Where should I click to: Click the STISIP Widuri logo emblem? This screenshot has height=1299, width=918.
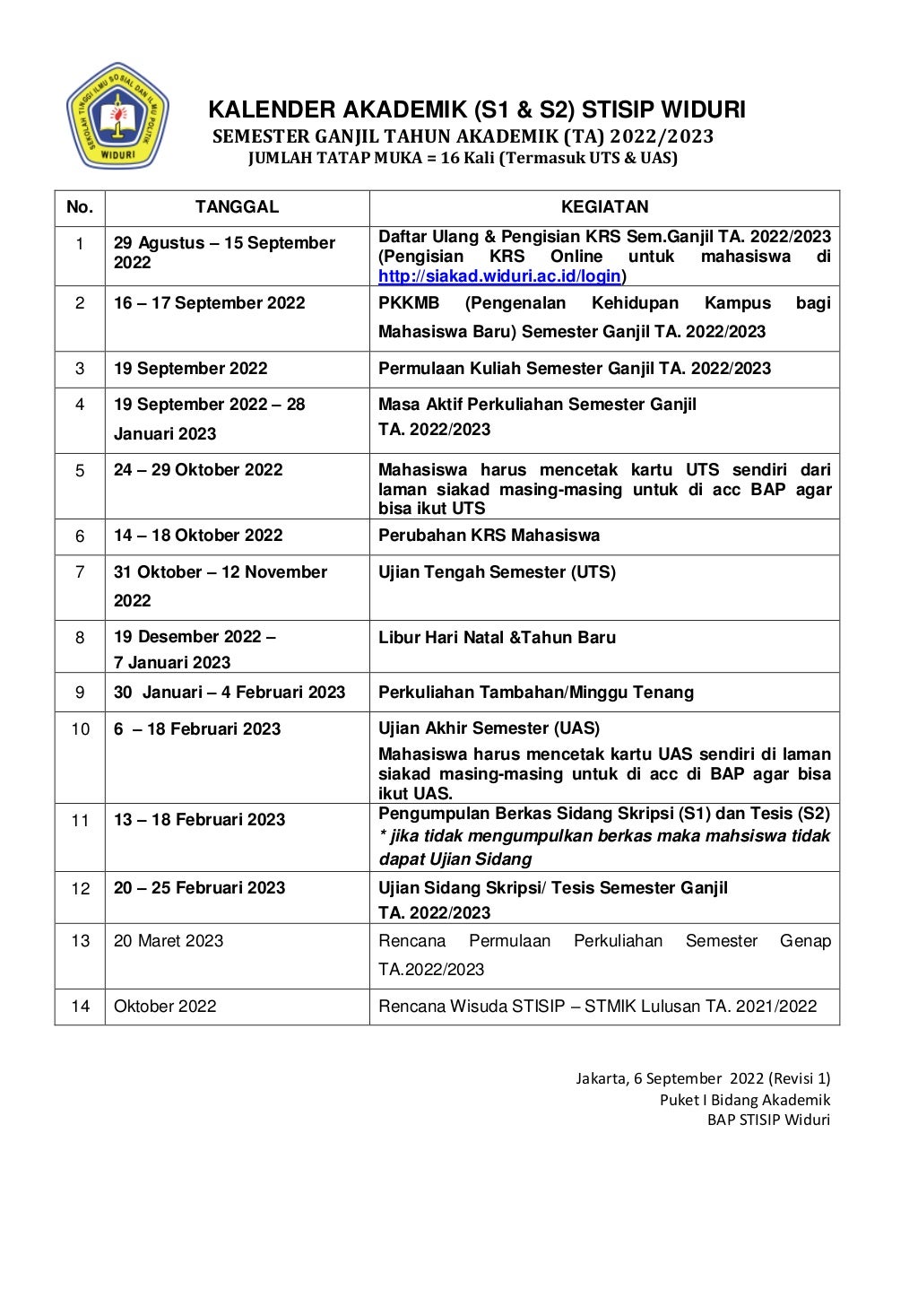tap(117, 117)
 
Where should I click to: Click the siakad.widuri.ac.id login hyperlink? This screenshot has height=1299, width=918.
tap(500, 276)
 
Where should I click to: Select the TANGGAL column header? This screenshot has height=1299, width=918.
tap(237, 207)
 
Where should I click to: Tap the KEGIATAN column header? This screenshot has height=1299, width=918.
tap(604, 207)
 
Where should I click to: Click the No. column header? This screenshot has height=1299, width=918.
tap(80, 207)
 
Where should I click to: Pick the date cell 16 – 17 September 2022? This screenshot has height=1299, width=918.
tap(209, 303)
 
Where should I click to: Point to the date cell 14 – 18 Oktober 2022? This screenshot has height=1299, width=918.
tap(198, 536)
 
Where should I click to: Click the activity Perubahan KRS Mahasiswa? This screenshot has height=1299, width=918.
tap(489, 536)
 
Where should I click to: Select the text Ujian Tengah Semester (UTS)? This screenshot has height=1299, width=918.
tap(497, 572)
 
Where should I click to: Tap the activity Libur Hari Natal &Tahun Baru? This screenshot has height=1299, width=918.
tap(497, 638)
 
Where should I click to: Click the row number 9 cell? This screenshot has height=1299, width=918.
tap(80, 693)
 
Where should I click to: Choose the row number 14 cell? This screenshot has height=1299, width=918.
tap(80, 1007)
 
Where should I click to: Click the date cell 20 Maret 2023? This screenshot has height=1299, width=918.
tap(169, 941)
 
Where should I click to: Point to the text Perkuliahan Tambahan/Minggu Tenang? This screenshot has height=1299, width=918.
tap(535, 693)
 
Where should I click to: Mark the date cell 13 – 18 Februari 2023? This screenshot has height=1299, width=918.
tap(199, 820)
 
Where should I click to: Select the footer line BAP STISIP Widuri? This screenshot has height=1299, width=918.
tap(767, 1120)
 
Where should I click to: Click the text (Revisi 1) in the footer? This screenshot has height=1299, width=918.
tap(800, 1078)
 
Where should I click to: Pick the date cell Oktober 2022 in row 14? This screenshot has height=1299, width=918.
tap(165, 1007)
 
